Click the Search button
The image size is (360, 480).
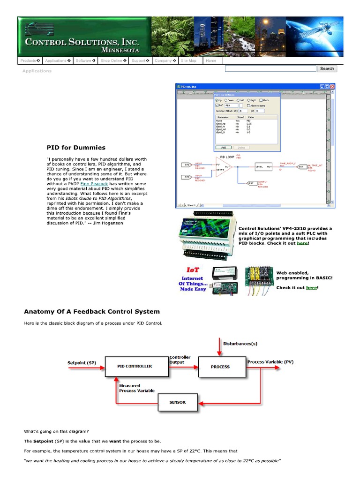point(327,68)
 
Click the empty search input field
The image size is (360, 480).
point(270,68)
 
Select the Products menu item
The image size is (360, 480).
point(30,61)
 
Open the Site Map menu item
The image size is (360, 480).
point(188,61)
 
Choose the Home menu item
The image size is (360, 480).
point(211,61)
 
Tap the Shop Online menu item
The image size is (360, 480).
point(113,61)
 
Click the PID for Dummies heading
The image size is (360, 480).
point(76,148)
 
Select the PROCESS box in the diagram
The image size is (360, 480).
point(220,366)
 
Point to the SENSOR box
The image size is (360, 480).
point(178,402)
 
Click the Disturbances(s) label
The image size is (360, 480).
point(240,344)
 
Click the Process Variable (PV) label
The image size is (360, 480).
point(270,362)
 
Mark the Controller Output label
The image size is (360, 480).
point(180,360)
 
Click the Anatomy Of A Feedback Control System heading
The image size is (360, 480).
point(92,311)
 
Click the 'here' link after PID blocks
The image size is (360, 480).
point(302,243)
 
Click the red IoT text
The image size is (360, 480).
point(192,270)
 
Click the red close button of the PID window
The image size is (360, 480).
point(332,87)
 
